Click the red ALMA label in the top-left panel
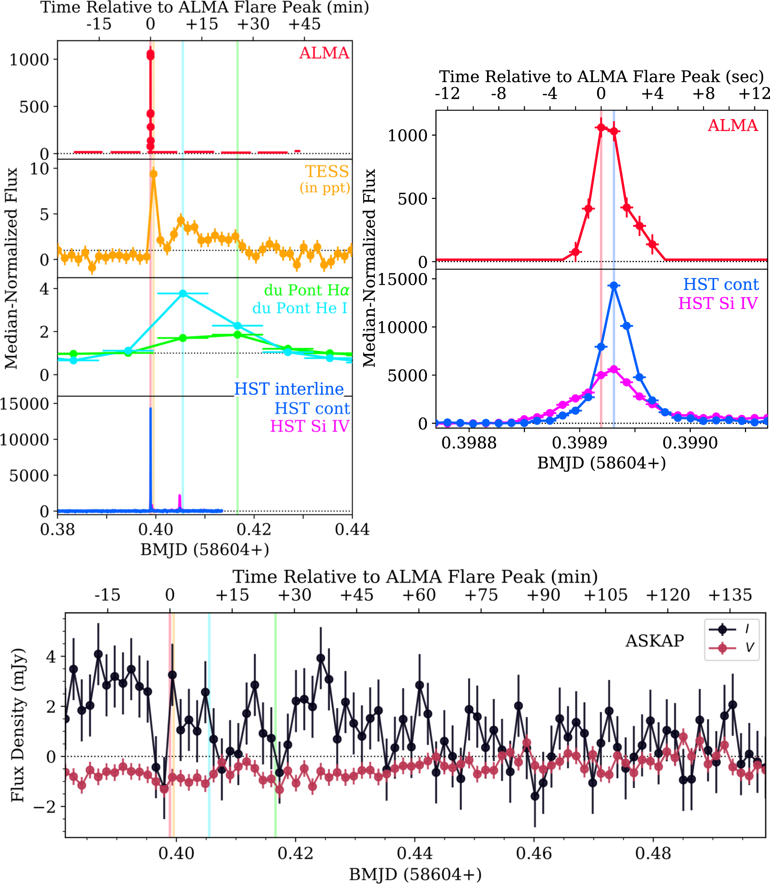pyautogui.click(x=324, y=53)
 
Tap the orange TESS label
pyautogui.click(x=326, y=171)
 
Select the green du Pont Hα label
pyautogui.click(x=306, y=290)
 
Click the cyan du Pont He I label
pyautogui.click(x=300, y=308)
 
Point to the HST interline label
pyautogui.click(x=289, y=389)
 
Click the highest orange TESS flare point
pyautogui.click(x=153, y=174)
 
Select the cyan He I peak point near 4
pyautogui.click(x=183, y=293)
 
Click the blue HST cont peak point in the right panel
pyautogui.click(x=614, y=286)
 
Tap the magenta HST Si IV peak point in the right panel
pyautogui.click(x=614, y=369)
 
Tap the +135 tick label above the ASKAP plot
pyautogui.click(x=730, y=595)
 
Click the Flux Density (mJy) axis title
pyautogui.click(x=18, y=725)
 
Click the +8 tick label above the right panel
pyautogui.click(x=703, y=93)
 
